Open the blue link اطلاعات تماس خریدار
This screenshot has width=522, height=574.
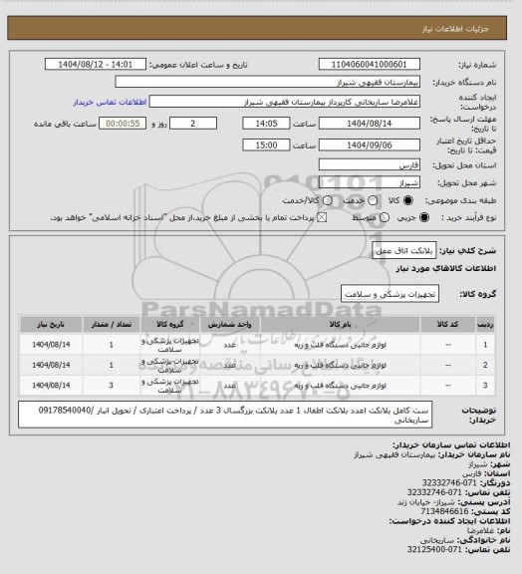(112, 102)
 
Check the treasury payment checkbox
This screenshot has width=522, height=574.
(321, 216)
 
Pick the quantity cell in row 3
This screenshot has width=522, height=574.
(111, 384)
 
